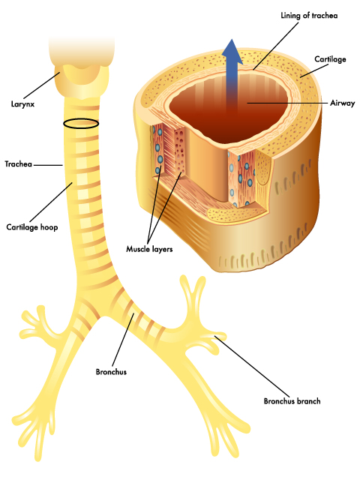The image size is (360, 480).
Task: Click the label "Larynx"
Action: (x=22, y=104)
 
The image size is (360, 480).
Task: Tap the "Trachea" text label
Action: (x=18, y=164)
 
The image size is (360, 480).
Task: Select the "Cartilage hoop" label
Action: (x=32, y=227)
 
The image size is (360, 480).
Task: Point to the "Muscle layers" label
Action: (x=149, y=249)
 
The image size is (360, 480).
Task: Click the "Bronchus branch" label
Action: (x=292, y=401)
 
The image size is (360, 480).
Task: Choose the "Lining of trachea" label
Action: (x=309, y=15)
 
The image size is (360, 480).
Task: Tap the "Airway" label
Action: (x=342, y=103)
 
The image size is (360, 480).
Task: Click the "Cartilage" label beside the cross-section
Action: (x=330, y=59)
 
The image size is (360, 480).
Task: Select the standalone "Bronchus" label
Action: (x=111, y=372)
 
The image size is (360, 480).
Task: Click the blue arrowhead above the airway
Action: (x=232, y=52)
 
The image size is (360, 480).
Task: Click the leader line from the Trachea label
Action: (x=48, y=165)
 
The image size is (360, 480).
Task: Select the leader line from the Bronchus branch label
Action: (x=252, y=366)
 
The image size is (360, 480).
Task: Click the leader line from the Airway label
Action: (x=287, y=103)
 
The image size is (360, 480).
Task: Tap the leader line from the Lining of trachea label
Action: (x=276, y=46)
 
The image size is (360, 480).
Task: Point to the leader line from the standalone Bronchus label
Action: (x=123, y=340)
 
